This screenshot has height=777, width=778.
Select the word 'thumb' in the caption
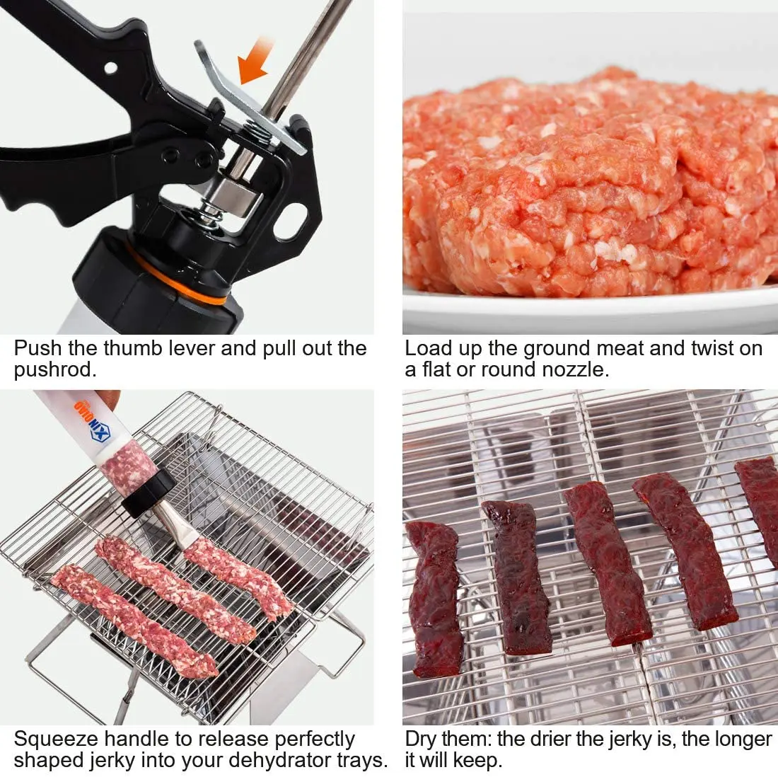pyautogui.click(x=134, y=348)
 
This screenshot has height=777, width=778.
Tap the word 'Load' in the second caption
pyautogui.click(x=426, y=348)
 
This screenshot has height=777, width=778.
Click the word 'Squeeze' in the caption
pyautogui.click(x=56, y=739)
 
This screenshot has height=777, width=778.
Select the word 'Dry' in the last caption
pyautogui.click(x=422, y=739)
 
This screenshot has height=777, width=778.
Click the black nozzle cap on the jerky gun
pyautogui.click(x=149, y=493)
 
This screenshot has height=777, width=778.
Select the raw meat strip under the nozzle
pyautogui.click(x=237, y=573)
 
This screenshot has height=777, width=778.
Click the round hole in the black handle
pyautogui.click(x=110, y=68)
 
